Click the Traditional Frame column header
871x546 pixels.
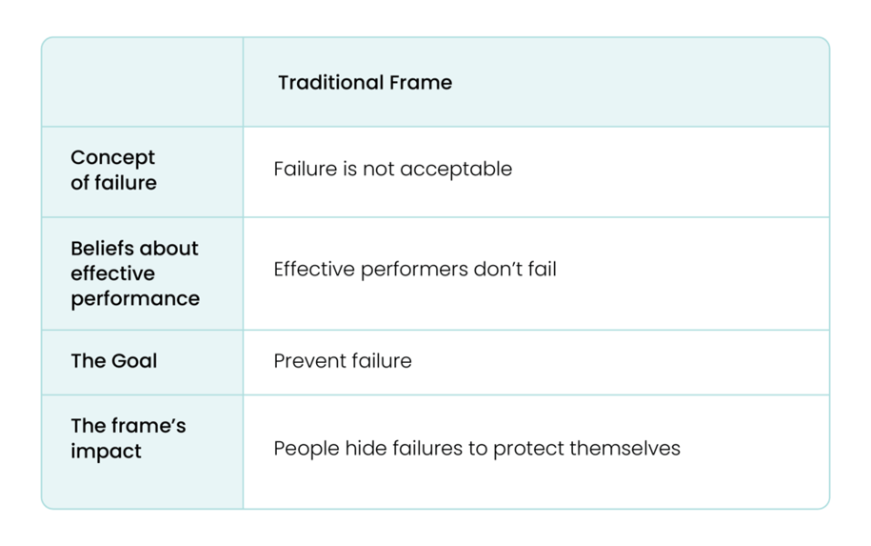click(x=365, y=83)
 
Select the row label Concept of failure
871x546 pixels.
click(x=113, y=170)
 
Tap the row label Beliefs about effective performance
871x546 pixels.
click(x=134, y=273)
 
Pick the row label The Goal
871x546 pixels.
click(x=113, y=361)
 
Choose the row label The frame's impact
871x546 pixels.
click(x=128, y=438)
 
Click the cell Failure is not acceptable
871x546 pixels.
click(x=392, y=169)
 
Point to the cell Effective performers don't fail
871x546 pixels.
click(x=414, y=270)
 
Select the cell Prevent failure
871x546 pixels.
click(x=342, y=361)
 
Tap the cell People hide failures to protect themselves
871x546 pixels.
click(x=476, y=448)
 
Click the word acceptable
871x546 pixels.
click(x=456, y=170)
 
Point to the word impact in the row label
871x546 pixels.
click(x=106, y=452)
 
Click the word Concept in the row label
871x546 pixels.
click(x=112, y=157)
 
